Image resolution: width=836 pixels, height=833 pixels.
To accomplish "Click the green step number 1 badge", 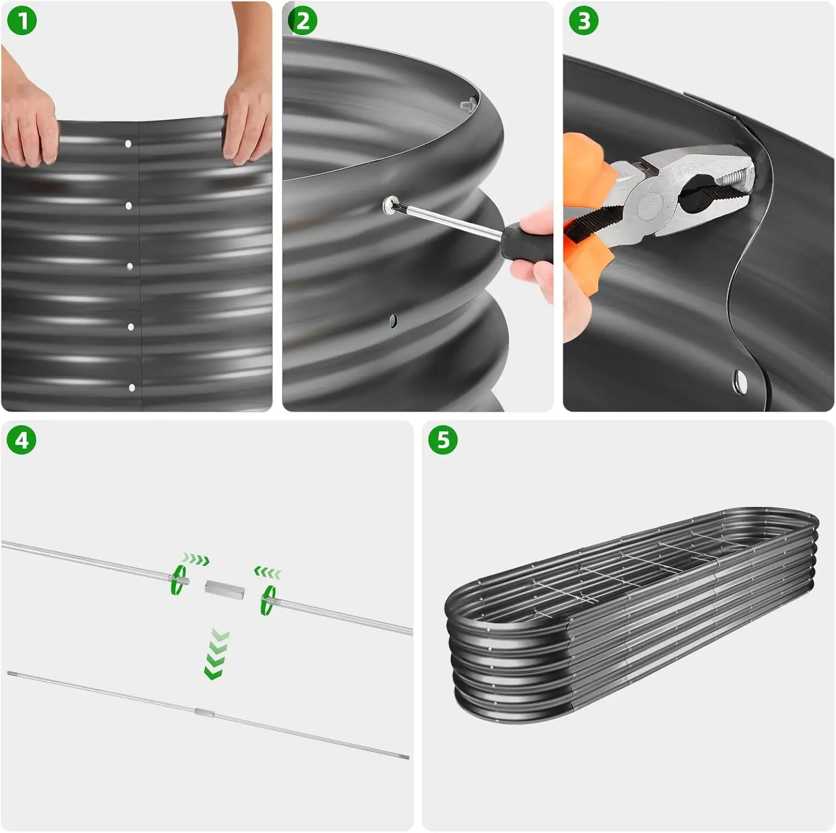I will coord(22,21).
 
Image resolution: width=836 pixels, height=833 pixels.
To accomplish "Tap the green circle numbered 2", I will coord(303,21).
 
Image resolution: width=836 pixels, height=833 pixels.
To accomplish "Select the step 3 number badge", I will coord(584,21).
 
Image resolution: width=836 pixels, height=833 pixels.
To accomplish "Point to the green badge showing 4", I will coord(22,440).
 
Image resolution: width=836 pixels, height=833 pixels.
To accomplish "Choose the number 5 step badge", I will coord(443,440).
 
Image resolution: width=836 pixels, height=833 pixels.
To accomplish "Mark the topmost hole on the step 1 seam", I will coord(128,144).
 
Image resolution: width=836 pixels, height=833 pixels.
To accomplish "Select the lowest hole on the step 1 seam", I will coord(132,388).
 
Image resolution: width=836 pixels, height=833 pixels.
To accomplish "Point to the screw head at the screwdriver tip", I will coord(391,205).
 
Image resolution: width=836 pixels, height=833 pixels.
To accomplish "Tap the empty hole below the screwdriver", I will coord(393,321).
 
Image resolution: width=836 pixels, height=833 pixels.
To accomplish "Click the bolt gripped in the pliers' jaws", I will coord(736,178).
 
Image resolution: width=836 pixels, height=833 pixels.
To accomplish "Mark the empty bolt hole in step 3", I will coord(740,381).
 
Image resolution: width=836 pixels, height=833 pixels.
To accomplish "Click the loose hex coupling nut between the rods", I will coord(224,589).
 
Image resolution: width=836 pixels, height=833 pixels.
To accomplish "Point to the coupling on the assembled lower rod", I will coord(204,712).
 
